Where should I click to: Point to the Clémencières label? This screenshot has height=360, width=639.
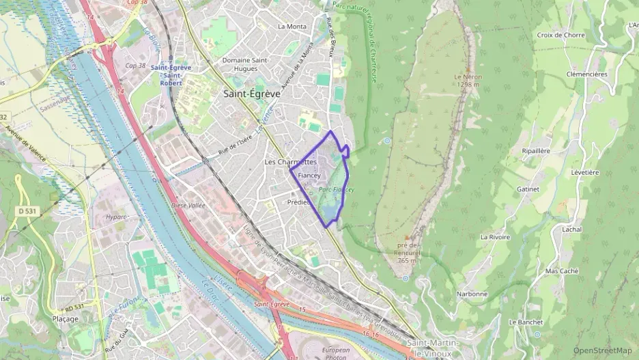click(586, 74)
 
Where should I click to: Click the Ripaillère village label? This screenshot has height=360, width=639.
click(536, 150)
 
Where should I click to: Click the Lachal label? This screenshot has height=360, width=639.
click(571, 230)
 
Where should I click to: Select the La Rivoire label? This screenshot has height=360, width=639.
click(495, 237)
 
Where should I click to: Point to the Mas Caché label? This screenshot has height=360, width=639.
click(562, 271)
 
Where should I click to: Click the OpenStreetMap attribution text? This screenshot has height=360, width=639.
click(602, 350)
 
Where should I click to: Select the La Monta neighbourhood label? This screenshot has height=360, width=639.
click(292, 27)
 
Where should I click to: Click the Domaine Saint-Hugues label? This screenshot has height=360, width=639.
click(249, 64)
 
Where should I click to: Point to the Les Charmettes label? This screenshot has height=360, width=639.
click(290, 162)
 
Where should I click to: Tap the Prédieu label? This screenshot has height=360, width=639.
click(298, 202)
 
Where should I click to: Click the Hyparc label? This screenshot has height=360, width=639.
click(117, 217)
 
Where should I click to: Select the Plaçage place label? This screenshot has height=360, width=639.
click(66, 318)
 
